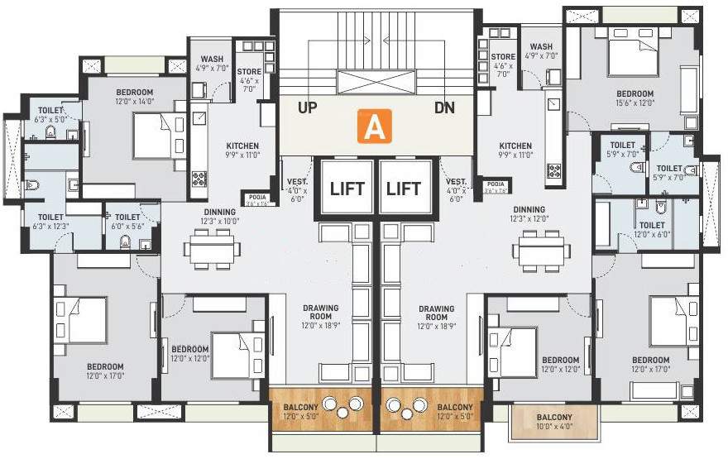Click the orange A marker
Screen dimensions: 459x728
click(x=374, y=128)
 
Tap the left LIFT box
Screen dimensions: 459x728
click(x=347, y=188)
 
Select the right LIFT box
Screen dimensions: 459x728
click(x=404, y=188)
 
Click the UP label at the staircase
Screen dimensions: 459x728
click(x=307, y=108)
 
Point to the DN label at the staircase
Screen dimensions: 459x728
click(x=444, y=108)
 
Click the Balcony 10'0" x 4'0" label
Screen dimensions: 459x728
click(x=553, y=422)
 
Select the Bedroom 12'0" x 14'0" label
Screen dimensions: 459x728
click(x=134, y=96)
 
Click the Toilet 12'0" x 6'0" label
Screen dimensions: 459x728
click(x=652, y=229)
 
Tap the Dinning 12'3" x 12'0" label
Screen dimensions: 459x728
click(x=529, y=214)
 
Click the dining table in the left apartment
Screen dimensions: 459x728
click(x=213, y=249)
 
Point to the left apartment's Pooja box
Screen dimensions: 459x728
click(x=254, y=198)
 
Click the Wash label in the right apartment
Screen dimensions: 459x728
click(x=542, y=51)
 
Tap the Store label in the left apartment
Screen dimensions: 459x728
click(x=249, y=76)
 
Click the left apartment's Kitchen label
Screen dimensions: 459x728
click(x=242, y=150)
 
